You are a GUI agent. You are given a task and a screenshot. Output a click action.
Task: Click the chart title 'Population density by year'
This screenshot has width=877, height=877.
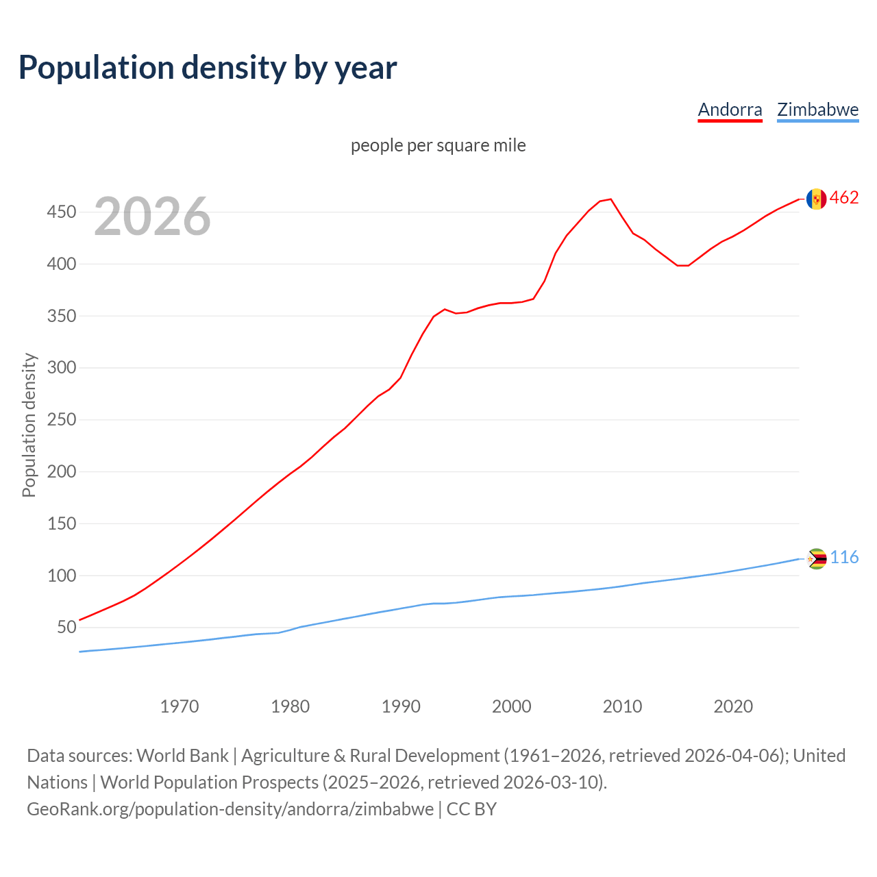coord(208,67)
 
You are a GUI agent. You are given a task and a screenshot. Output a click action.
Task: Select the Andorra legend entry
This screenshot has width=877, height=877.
coord(730,110)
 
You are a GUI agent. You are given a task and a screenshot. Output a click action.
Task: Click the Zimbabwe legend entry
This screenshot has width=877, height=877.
coord(817,110)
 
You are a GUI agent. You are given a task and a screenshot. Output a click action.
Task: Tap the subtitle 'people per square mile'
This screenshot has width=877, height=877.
coord(438,145)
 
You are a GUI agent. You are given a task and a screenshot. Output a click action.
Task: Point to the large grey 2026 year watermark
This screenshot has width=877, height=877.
coord(152,217)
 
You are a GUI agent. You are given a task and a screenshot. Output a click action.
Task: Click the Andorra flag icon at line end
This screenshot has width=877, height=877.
coord(816,199)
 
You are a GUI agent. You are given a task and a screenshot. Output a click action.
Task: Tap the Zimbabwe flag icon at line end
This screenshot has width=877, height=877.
coord(816,559)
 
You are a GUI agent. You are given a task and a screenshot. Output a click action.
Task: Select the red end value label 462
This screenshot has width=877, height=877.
coord(844,198)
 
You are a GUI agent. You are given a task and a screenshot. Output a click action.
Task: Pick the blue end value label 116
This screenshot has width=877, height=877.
coord(844,558)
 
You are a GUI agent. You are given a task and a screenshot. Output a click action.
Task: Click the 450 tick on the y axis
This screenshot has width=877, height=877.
coord(61,212)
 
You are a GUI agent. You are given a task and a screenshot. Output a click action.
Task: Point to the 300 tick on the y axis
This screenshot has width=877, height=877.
coord(61,368)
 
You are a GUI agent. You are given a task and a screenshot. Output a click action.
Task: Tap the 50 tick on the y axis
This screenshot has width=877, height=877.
coord(66,628)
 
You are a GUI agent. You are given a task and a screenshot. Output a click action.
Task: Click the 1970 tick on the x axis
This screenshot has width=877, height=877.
coord(180,706)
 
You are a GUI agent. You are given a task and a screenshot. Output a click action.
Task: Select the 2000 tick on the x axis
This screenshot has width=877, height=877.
coord(512,706)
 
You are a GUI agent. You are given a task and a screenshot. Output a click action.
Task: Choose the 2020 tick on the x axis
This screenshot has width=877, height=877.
coord(733,706)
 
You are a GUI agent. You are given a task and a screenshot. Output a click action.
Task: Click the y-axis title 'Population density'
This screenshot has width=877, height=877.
coord(29,425)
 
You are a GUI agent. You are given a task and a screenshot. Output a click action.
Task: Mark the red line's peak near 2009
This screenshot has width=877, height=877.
coord(610,199)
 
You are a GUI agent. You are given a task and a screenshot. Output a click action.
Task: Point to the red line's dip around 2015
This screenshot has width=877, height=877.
coord(682,265)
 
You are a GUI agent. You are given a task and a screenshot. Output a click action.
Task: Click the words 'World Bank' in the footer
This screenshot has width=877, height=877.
coord(182,756)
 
